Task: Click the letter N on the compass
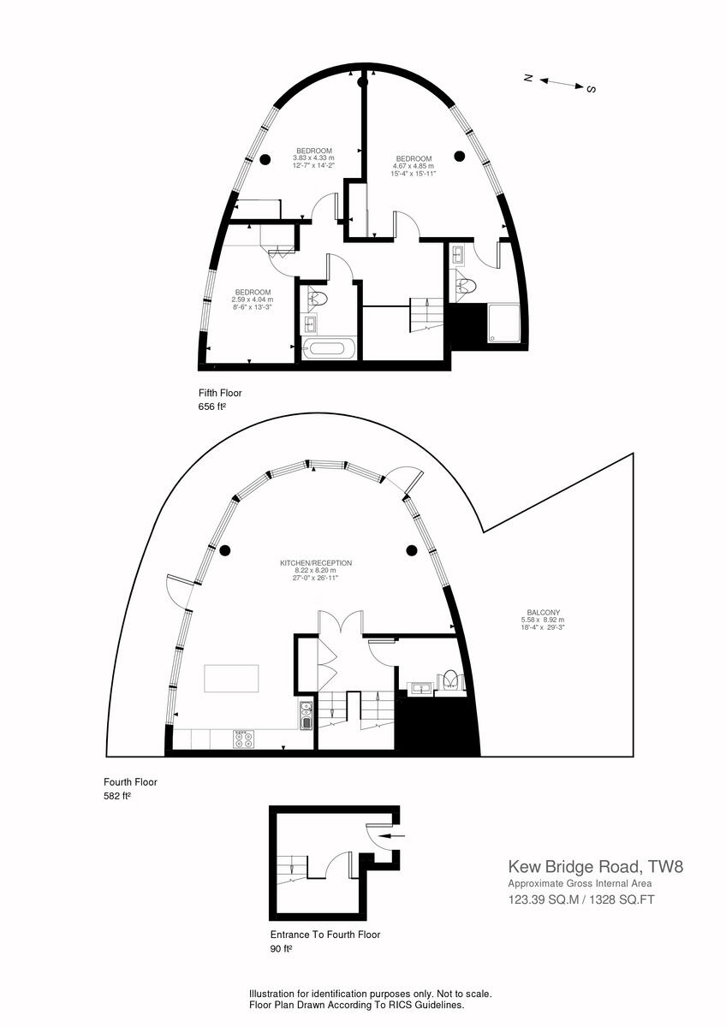(529, 78)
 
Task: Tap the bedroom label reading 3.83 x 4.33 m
(313, 157)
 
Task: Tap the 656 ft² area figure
(211, 407)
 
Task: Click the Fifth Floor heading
(220, 394)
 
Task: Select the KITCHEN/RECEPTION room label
(316, 563)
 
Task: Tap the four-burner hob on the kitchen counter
(241, 738)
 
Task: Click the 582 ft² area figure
(117, 796)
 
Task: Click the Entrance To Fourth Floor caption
(325, 935)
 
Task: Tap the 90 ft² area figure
(281, 948)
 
